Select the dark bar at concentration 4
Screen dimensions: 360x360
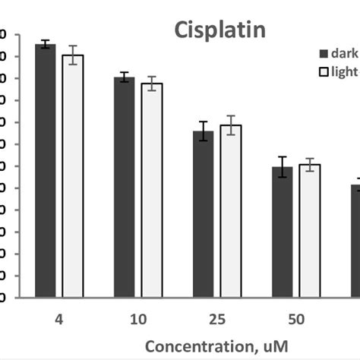point(46,171)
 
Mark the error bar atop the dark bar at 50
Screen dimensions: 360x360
point(282,167)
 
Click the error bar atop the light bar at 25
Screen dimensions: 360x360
point(230,125)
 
